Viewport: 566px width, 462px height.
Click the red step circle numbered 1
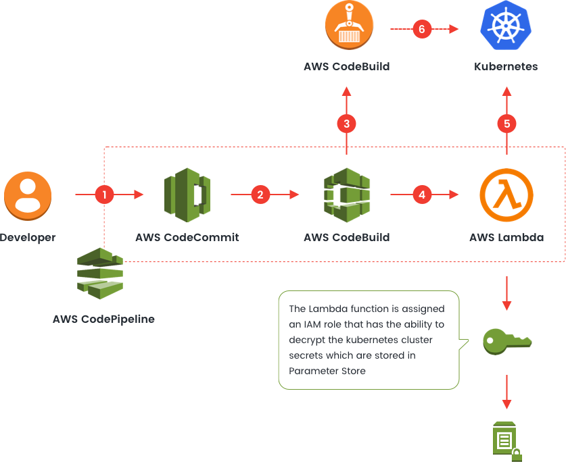[104, 195]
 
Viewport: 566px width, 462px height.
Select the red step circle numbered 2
[260, 195]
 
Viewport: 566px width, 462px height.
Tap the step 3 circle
[346, 124]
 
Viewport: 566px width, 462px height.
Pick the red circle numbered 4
[422, 195]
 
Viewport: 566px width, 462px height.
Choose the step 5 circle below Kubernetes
[506, 124]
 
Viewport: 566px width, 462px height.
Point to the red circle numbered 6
[422, 29]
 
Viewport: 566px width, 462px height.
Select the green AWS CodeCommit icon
[187, 195]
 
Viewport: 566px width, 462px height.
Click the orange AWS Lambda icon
[506, 195]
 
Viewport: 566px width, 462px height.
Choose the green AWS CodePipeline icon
[99, 274]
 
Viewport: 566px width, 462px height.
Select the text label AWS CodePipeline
[103, 319]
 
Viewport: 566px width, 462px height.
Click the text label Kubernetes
[506, 67]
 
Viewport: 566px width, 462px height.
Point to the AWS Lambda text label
[506, 238]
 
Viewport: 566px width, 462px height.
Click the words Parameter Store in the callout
[327, 371]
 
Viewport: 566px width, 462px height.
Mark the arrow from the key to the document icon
[506, 391]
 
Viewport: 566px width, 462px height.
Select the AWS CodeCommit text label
[187, 238]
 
